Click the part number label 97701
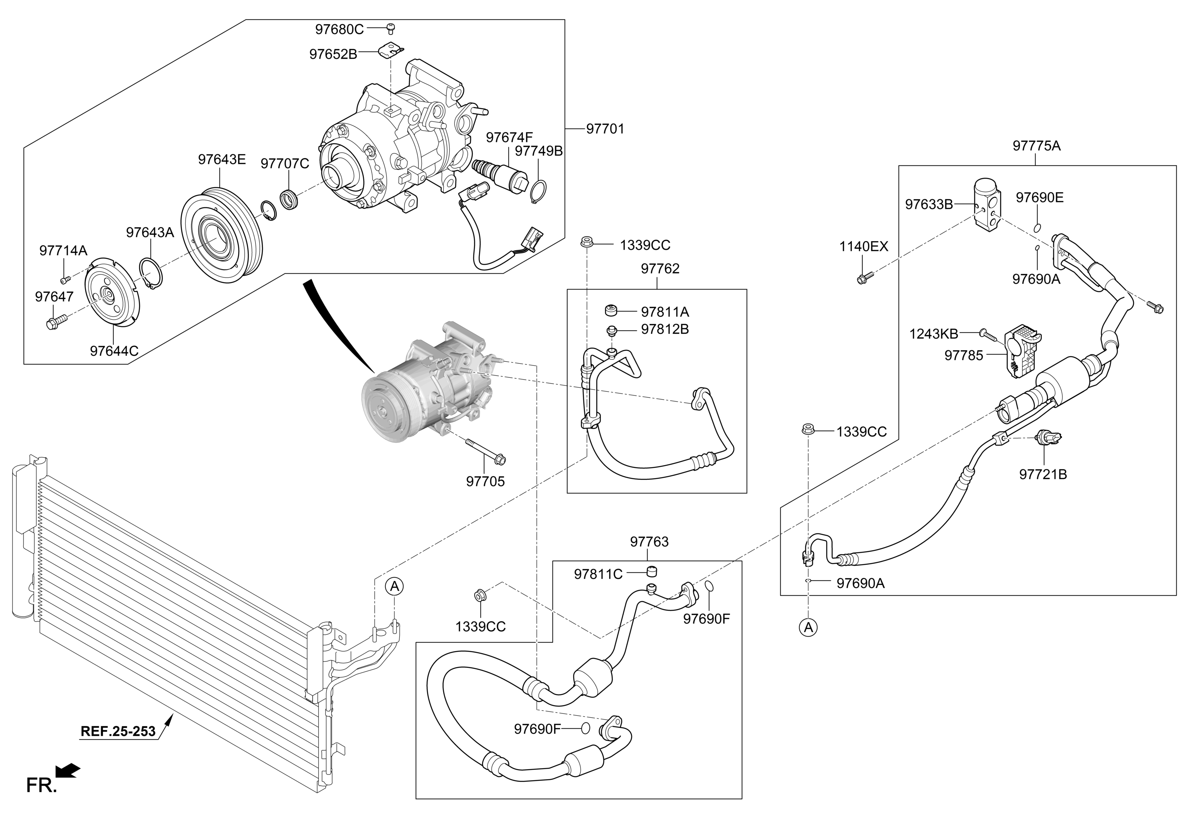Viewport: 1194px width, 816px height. pyautogui.click(x=605, y=129)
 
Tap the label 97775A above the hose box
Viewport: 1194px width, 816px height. pyautogui.click(x=1036, y=146)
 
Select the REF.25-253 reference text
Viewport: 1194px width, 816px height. pyautogui.click(x=118, y=731)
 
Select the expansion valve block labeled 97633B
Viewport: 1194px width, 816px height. pyautogui.click(x=987, y=203)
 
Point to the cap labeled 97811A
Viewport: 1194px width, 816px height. pyautogui.click(x=610, y=311)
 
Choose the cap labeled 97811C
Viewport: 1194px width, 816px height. pyautogui.click(x=653, y=572)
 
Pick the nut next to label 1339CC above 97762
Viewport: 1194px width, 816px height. pyautogui.click(x=585, y=242)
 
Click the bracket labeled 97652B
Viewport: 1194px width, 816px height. pyautogui.click(x=392, y=50)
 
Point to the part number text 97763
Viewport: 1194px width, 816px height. pyautogui.click(x=649, y=542)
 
